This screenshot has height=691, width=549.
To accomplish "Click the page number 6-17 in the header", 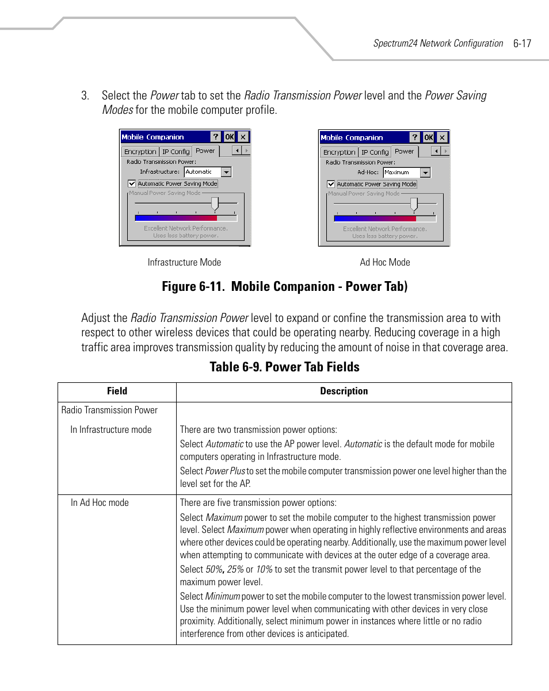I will pyautogui.click(x=522, y=43).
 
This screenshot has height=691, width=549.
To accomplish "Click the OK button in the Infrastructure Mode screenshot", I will pyautogui.click(x=229, y=137).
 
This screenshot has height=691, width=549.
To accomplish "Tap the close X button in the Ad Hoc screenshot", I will pyautogui.click(x=442, y=137).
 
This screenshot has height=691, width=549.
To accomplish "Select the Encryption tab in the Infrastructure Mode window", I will pyautogui.click(x=140, y=152).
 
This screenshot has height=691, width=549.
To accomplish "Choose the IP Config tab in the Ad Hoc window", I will pyautogui.click(x=375, y=152).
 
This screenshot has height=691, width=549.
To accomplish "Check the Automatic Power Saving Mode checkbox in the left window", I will pyautogui.click(x=132, y=184).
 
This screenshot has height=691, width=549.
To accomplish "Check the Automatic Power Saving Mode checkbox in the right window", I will pyautogui.click(x=331, y=185).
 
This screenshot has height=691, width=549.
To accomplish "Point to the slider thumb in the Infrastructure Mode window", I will pyautogui.click(x=215, y=204).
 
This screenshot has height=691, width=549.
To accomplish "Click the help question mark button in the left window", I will pyautogui.click(x=215, y=137).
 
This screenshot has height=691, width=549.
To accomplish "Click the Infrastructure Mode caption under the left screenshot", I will pyautogui.click(x=184, y=262).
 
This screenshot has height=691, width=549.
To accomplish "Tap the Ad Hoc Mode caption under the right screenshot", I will pyautogui.click(x=385, y=262).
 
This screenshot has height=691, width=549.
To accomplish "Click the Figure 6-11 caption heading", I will pyautogui.click(x=285, y=286).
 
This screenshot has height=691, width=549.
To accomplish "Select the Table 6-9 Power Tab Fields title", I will pyautogui.click(x=285, y=367).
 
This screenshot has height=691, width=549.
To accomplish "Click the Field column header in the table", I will pyautogui.click(x=117, y=391).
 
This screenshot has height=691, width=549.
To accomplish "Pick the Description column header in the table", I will pyautogui.click(x=344, y=391).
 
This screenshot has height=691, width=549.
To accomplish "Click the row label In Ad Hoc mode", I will pyautogui.click(x=100, y=502).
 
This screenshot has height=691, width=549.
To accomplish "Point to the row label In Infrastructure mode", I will pyautogui.click(x=111, y=429).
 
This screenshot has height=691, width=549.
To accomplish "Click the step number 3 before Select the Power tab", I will pyautogui.click(x=85, y=95).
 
